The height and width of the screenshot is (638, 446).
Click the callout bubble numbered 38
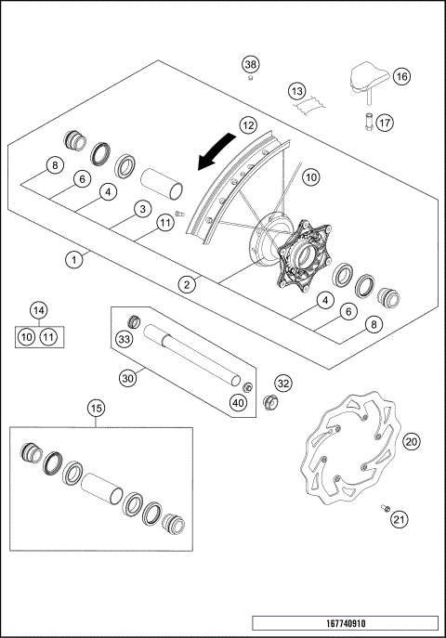point(250,64)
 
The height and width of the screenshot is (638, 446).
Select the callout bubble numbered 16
point(400,77)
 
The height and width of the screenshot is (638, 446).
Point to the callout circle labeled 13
point(295,92)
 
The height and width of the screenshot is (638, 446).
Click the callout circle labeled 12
point(247,124)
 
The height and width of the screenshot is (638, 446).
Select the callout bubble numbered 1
point(72,261)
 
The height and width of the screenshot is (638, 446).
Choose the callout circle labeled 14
point(38,309)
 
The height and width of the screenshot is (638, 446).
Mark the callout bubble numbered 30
point(127,377)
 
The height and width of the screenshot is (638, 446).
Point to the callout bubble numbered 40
point(240,404)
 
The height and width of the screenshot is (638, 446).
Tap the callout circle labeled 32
point(283,383)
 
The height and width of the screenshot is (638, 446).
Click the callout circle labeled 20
point(412,442)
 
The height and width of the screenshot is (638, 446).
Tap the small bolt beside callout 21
point(382,508)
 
